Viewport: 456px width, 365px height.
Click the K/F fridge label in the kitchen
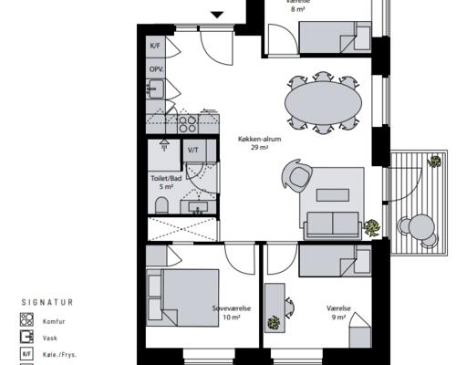click(155, 46)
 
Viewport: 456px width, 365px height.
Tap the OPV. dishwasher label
click(156, 69)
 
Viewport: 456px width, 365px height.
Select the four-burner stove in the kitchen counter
click(188, 124)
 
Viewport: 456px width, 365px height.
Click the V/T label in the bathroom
click(192, 150)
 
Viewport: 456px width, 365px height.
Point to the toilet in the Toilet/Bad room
click(161, 205)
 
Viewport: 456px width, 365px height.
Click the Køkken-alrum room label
click(259, 140)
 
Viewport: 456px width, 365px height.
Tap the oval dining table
click(323, 103)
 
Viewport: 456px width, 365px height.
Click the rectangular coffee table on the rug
click(333, 195)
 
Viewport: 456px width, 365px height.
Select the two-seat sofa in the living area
click(333, 224)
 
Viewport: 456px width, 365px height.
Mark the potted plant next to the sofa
click(371, 227)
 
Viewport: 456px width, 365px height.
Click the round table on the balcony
click(420, 226)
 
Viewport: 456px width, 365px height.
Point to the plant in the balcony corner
click(435, 162)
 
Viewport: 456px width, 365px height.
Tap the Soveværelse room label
click(232, 308)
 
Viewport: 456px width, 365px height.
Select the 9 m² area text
click(338, 318)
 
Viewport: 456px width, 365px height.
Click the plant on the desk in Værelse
click(274, 323)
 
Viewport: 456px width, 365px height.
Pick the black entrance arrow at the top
click(217, 15)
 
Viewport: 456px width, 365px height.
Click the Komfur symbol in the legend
click(26, 319)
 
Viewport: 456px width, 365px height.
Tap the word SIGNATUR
click(47, 302)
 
